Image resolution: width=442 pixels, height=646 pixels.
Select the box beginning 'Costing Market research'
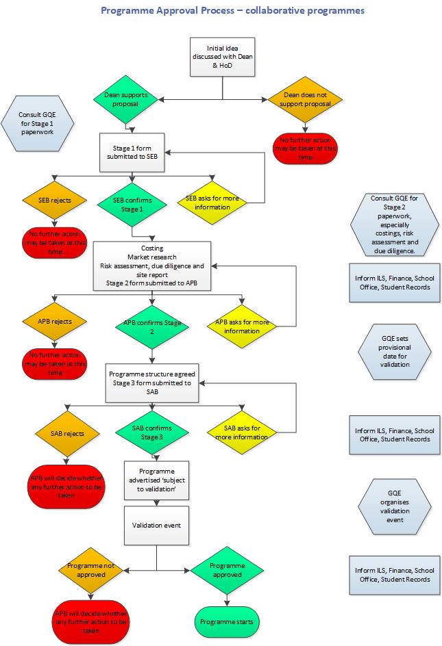coord(152,266)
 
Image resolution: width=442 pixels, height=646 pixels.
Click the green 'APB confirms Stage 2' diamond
coord(151,326)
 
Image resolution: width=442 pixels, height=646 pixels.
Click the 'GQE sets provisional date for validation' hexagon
coord(395,351)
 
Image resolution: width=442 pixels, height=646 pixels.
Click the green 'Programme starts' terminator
coord(226,621)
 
